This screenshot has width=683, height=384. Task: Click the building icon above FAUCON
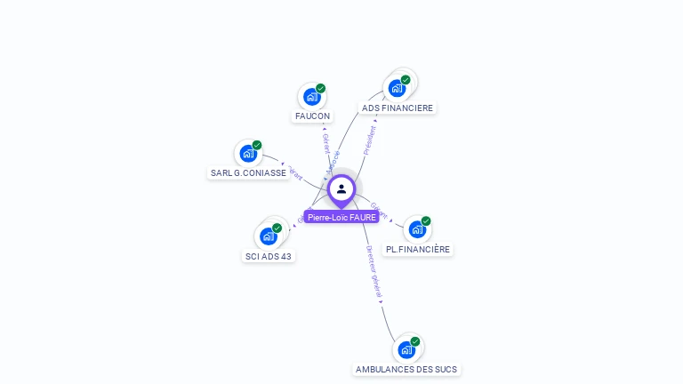point(310,97)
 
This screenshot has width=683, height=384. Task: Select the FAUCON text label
point(312,116)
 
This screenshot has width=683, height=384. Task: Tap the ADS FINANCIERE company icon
point(396,88)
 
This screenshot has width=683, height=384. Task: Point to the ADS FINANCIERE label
point(398,108)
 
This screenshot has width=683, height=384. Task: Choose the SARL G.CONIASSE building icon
point(247,153)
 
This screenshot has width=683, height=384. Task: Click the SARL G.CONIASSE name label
point(248,173)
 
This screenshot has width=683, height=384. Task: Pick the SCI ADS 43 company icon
point(268,236)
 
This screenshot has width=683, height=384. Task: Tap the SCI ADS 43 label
point(269,257)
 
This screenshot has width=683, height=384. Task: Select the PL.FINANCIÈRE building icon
point(416,229)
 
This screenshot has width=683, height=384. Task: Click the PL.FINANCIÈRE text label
point(418,250)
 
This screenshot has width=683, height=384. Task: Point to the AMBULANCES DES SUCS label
point(407,369)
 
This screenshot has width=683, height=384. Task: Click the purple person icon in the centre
point(341,188)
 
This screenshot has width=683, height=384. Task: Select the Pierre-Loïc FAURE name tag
point(341,217)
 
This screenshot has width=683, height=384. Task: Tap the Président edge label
point(370,140)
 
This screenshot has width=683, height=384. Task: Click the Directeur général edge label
point(374,271)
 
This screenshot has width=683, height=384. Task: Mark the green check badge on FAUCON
point(320,88)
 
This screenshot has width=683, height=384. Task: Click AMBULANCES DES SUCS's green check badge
point(415,340)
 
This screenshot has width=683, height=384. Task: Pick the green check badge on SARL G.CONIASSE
point(257,145)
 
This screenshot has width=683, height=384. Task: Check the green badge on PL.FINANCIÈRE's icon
point(426,220)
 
